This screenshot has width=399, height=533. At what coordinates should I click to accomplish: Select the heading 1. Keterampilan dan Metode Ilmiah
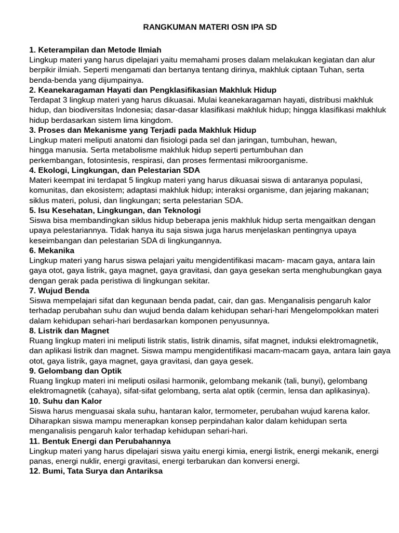coord(96,50)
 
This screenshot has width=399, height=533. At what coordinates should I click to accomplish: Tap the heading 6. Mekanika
coord(51,250)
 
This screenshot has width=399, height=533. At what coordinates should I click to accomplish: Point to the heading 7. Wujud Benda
coord(59,290)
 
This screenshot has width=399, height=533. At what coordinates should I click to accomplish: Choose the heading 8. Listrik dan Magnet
coord(69,331)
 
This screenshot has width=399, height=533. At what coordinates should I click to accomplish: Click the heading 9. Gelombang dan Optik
coord(75,371)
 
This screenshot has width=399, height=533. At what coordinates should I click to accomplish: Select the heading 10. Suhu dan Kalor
coord(65,401)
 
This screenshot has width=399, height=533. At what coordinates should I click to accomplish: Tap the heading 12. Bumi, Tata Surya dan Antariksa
coord(96,471)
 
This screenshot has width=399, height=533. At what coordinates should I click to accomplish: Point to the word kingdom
coord(156,120)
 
